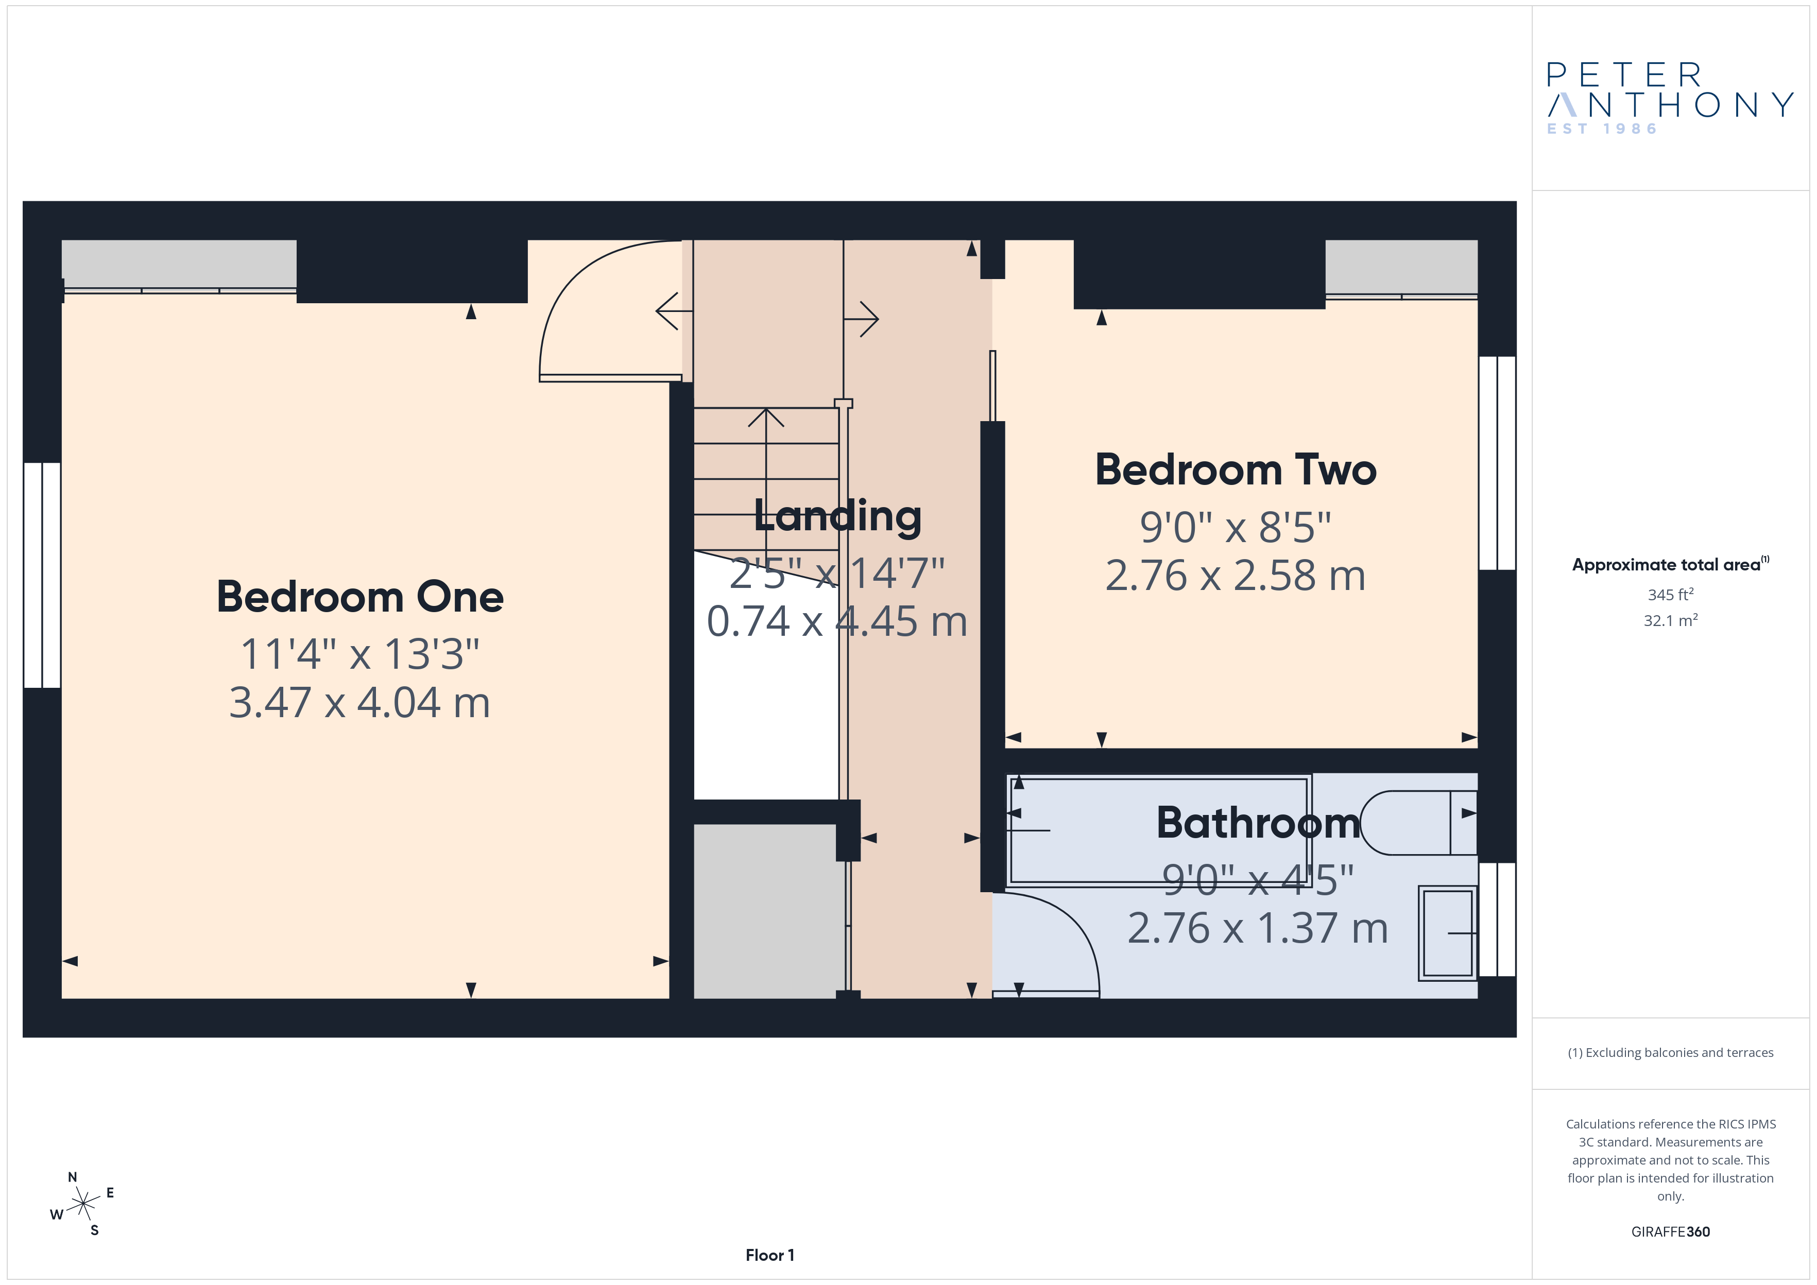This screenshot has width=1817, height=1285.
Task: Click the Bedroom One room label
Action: pyautogui.click(x=360, y=597)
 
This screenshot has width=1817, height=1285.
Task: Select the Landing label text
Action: pyautogui.click(x=837, y=516)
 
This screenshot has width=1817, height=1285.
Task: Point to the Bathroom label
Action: pyautogui.click(x=1258, y=822)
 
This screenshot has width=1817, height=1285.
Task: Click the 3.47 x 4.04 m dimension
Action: pyautogui.click(x=360, y=703)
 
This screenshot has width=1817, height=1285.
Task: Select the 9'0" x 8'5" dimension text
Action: pyautogui.click(x=1236, y=527)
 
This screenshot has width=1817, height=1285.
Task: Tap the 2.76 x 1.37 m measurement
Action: pyautogui.click(x=1258, y=928)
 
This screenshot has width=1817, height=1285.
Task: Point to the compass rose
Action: pyautogui.click(x=83, y=1204)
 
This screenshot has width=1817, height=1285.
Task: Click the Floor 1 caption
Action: pyautogui.click(x=769, y=1255)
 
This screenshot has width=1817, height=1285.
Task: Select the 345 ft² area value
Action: pyautogui.click(x=1671, y=594)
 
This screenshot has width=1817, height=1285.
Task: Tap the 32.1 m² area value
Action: pyautogui.click(x=1671, y=620)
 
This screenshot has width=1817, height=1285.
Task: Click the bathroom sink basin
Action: pyautogui.click(x=1447, y=934)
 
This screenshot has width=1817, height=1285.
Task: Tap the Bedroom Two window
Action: pyautogui.click(x=1497, y=463)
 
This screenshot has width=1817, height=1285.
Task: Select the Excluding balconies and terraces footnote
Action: pyautogui.click(x=1671, y=1052)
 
